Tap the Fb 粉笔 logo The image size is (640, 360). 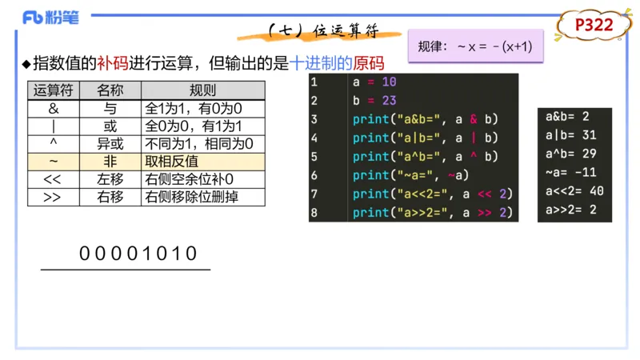[50, 18]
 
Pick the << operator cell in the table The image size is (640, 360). [53, 178]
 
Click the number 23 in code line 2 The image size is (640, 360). [390, 100]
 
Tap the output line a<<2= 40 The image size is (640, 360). [574, 190]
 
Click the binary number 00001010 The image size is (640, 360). [138, 254]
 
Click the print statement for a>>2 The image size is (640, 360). [431, 212]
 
